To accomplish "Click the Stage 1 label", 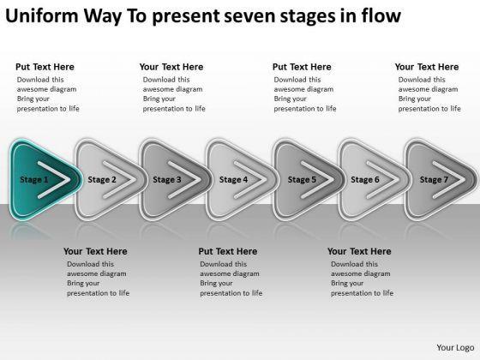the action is point(34,180).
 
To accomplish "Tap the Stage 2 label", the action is point(102,180).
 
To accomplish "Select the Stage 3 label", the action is point(167,180).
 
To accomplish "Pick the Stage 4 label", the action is point(233,180).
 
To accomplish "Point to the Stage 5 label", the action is point(302,180).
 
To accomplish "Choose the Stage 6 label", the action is point(365,180).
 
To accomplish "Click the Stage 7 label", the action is point(434,180).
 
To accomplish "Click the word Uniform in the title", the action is point(42,15).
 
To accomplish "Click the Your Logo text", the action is point(455,348).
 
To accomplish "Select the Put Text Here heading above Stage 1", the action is point(45,67).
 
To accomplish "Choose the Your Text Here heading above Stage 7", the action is point(427,67).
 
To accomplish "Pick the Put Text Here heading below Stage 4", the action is point(228,251).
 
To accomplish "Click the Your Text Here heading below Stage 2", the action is point(95,251).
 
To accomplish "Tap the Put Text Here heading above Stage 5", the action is point(302,67).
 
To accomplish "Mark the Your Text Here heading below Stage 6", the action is point(359,251).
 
